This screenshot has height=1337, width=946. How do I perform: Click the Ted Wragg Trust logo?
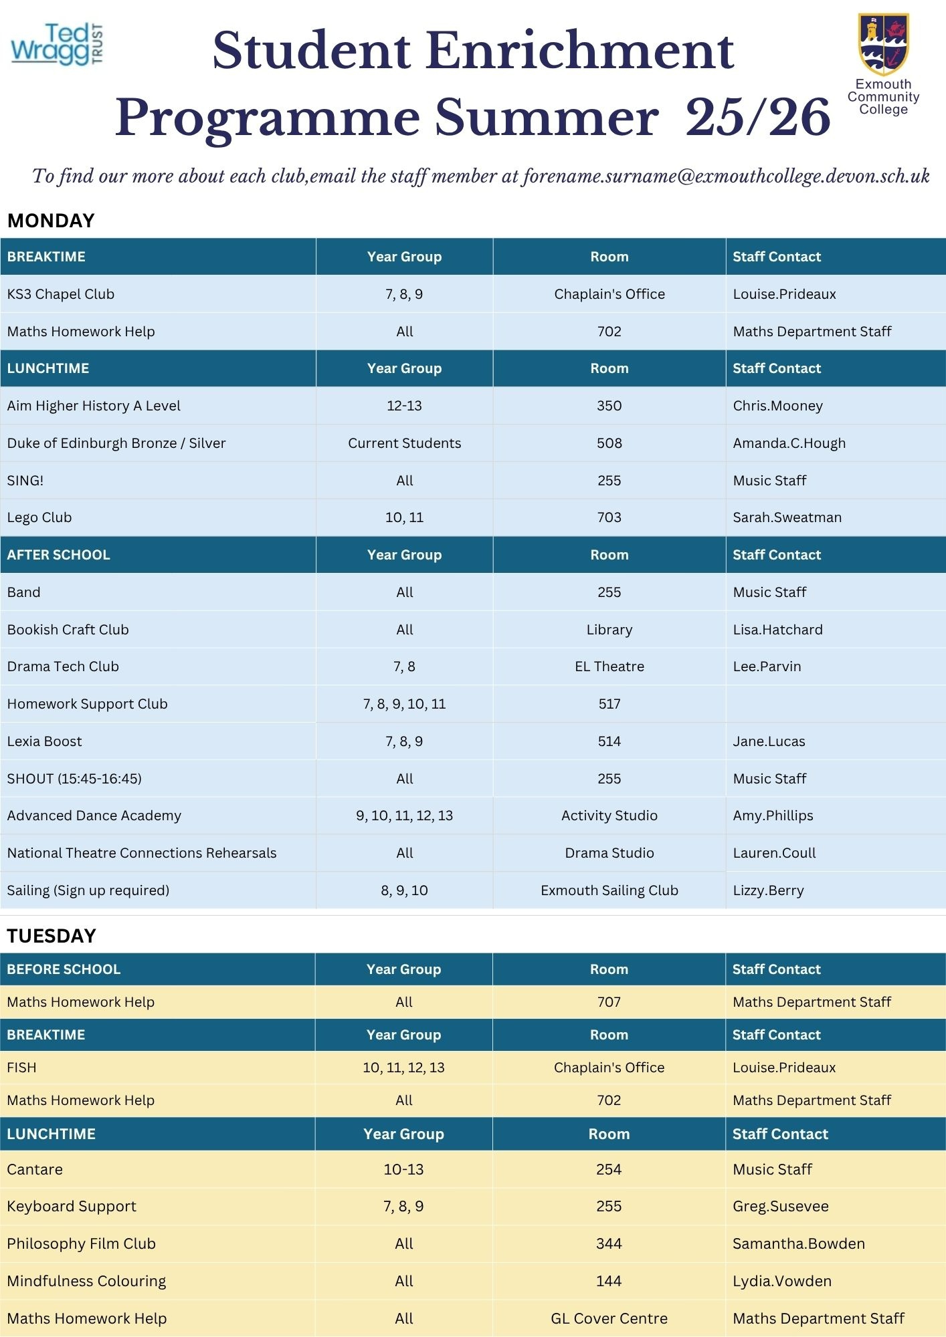58,45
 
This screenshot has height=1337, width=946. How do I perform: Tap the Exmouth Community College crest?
883,45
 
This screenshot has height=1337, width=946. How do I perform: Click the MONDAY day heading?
51,221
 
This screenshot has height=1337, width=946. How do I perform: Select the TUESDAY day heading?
52,936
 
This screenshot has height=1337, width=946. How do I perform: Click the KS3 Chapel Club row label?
61,294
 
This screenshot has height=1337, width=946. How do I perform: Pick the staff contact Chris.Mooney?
777,406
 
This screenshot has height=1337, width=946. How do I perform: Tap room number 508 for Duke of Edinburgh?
609,443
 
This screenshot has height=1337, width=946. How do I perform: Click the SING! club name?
25,481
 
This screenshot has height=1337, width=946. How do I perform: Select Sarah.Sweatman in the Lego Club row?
787,517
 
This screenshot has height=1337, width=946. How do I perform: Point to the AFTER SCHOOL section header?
59,555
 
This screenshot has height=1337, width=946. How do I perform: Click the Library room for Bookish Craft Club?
609,630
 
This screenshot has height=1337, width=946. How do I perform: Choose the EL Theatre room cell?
609,666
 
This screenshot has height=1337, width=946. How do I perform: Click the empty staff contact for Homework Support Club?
835,704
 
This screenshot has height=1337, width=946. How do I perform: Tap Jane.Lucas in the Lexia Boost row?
769,741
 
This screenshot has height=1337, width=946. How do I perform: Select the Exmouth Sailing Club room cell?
609,890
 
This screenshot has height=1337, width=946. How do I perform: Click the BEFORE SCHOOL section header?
64,969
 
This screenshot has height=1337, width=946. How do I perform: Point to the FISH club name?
22,1068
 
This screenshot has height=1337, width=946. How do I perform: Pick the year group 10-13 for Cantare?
403,1169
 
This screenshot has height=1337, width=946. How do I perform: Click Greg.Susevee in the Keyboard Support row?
780,1206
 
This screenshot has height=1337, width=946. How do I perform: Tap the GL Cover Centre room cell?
609,1318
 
